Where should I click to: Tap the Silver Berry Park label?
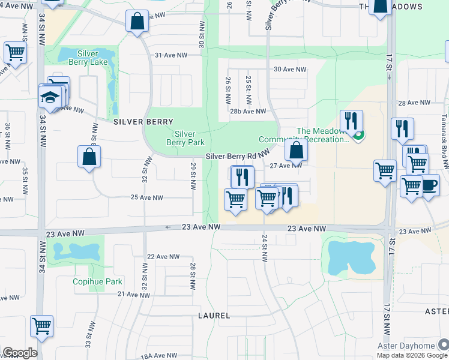[x=185, y=138]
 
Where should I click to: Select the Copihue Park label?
[x=97, y=281]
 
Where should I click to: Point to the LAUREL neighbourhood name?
[x=214, y=315]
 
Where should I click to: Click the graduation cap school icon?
[x=51, y=97]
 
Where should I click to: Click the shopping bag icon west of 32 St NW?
[x=89, y=157]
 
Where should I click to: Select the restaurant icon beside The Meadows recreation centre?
[x=352, y=120]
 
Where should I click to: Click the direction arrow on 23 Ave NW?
[x=168, y=227]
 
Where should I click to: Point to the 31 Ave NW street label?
[x=171, y=55]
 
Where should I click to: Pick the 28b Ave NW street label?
[x=248, y=111]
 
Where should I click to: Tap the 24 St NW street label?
[x=264, y=247]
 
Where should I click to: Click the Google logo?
[x=20, y=353]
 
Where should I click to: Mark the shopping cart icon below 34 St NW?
[x=42, y=326]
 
